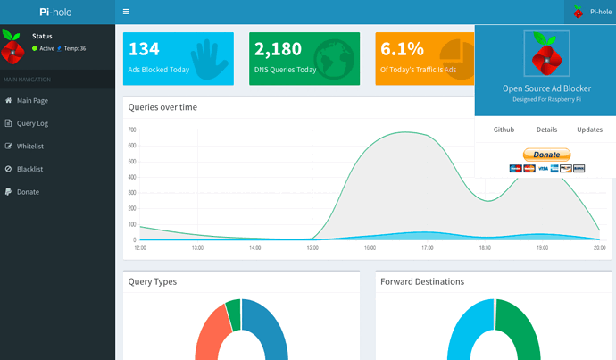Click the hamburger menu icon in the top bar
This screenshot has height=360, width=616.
click(126, 12)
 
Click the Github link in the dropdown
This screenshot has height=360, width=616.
click(504, 130)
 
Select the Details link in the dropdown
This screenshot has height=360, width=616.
click(546, 130)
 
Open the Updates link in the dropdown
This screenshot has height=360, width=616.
click(589, 130)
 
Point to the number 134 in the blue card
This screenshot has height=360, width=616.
click(144, 49)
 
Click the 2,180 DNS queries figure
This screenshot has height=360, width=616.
click(278, 49)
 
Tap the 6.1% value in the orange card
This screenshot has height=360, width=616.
click(402, 49)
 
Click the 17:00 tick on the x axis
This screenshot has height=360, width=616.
click(428, 247)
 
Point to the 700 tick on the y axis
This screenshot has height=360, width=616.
click(132, 130)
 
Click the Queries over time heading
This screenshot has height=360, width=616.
click(162, 107)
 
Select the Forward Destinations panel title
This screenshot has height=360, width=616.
click(422, 281)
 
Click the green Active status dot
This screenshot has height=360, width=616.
click(35, 48)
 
